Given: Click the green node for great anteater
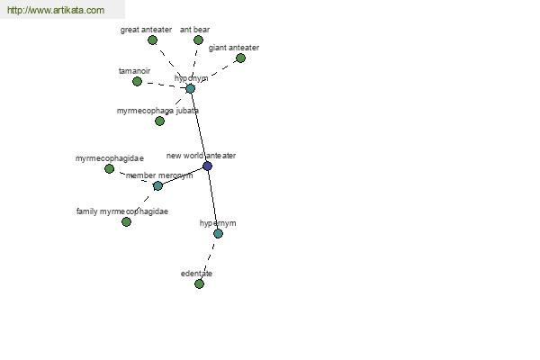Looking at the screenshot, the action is click(x=153, y=40).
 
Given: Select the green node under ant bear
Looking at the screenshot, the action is click(x=198, y=40).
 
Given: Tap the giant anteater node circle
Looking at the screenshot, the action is click(x=240, y=58).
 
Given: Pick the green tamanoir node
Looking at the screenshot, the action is click(x=137, y=82).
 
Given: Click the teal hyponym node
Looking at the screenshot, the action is click(x=191, y=89).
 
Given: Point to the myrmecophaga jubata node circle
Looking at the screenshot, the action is click(x=159, y=121).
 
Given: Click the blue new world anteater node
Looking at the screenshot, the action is click(x=207, y=166).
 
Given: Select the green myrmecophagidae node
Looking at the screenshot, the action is click(x=109, y=169).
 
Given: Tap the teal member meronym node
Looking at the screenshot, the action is click(x=157, y=186).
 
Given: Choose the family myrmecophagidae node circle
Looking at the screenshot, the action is click(x=126, y=222).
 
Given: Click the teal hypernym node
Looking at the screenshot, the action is click(x=218, y=234).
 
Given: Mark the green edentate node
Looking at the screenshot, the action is click(x=199, y=283).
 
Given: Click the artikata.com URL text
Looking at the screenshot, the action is click(x=56, y=10).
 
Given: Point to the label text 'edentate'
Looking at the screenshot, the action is click(x=196, y=274).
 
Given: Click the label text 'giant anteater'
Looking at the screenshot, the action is click(x=234, y=48).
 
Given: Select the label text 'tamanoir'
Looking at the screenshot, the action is click(x=134, y=71).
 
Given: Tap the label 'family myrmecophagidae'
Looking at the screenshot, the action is click(x=122, y=211).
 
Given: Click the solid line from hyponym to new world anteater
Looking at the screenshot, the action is click(x=199, y=128).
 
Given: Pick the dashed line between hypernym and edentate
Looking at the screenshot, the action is click(x=209, y=258).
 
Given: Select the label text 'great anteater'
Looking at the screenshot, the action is click(x=146, y=30).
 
